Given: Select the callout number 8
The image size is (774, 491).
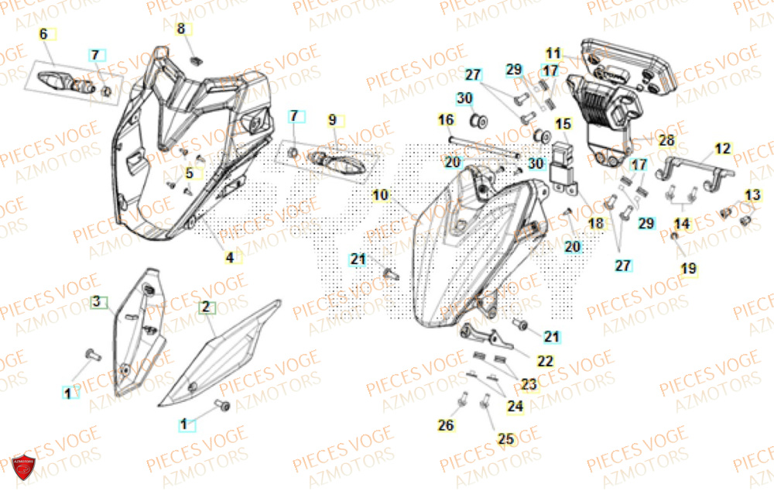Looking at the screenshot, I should click(x=181, y=29).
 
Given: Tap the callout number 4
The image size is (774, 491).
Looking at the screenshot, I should click(x=230, y=258).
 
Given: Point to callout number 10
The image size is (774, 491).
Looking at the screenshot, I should click(x=380, y=196).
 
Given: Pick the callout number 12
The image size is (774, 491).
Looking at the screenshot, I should click(x=722, y=148).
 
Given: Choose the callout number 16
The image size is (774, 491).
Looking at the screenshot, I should click(x=446, y=120).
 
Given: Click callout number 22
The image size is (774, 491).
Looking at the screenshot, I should click(x=546, y=360).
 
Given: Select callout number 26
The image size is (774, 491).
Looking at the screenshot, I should click(x=445, y=424).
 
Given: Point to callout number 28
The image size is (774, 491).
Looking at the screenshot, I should click(x=666, y=141).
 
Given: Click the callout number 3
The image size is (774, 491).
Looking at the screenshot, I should click(x=97, y=300).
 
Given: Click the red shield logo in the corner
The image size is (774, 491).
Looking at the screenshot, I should click(x=26, y=468).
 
